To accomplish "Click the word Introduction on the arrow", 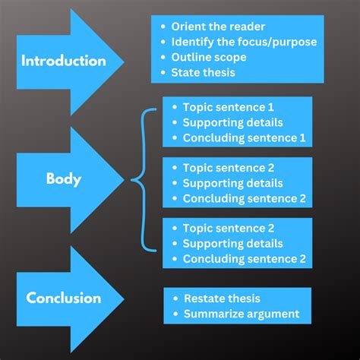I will pyautogui.click(x=63, y=61).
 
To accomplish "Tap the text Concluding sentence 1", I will pyautogui.click(x=244, y=137).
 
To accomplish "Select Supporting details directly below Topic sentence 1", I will pyautogui.click(x=232, y=123).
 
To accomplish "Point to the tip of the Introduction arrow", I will pyautogui.click(x=124, y=61).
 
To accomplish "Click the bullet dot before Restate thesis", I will pyautogui.click(x=176, y=298).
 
